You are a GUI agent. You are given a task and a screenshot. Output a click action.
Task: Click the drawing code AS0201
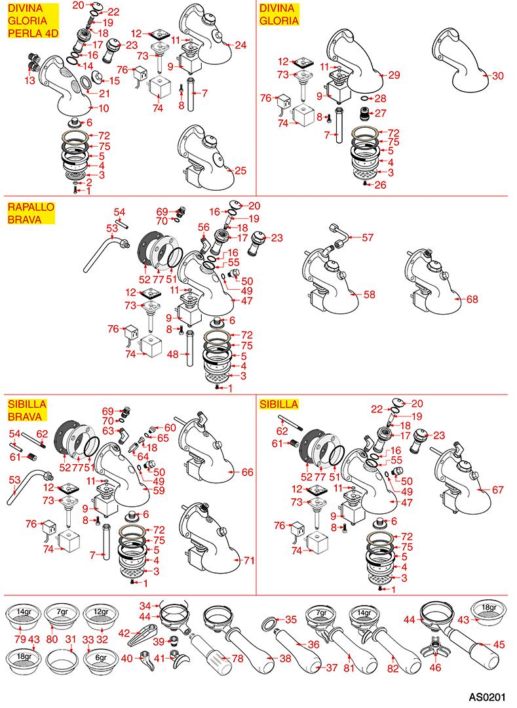coord(488,697)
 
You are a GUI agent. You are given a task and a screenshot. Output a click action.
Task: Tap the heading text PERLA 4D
coord(33,33)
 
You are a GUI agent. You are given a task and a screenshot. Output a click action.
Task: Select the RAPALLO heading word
coord(31,207)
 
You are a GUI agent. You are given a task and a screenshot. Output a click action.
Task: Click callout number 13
coord(29,81)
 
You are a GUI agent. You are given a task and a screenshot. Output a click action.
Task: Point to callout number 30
coord(497,76)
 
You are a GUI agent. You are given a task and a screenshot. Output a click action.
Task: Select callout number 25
coord(241,170)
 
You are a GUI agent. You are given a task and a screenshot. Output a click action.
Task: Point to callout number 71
coord(249,560)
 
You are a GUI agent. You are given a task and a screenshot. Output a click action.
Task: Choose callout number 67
coord(497,490)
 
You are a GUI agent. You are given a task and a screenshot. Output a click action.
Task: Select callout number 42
coord(124,633)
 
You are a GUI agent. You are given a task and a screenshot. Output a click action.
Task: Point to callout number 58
coord(370,294)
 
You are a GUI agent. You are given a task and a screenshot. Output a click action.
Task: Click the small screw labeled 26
coord(364,184)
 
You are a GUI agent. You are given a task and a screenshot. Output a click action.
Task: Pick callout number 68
coord(472,299)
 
